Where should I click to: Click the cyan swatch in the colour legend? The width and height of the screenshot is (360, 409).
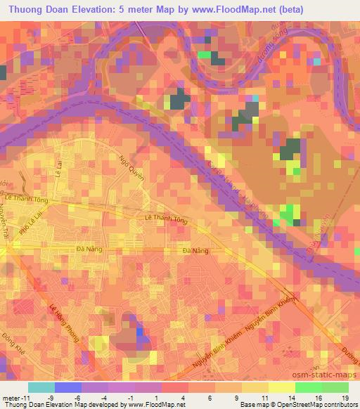(41, 387)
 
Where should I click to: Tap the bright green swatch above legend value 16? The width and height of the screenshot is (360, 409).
(309, 387)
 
